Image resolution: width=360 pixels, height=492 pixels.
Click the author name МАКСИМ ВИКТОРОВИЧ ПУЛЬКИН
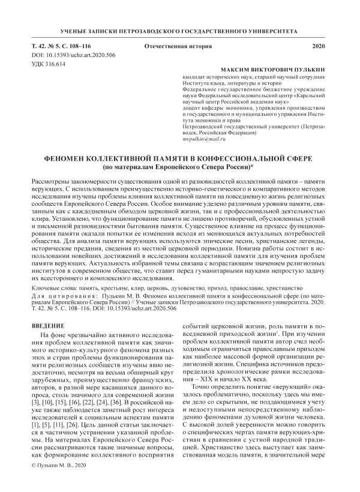tap(272, 70)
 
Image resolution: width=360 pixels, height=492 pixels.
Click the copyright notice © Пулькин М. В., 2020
tap(58, 482)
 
